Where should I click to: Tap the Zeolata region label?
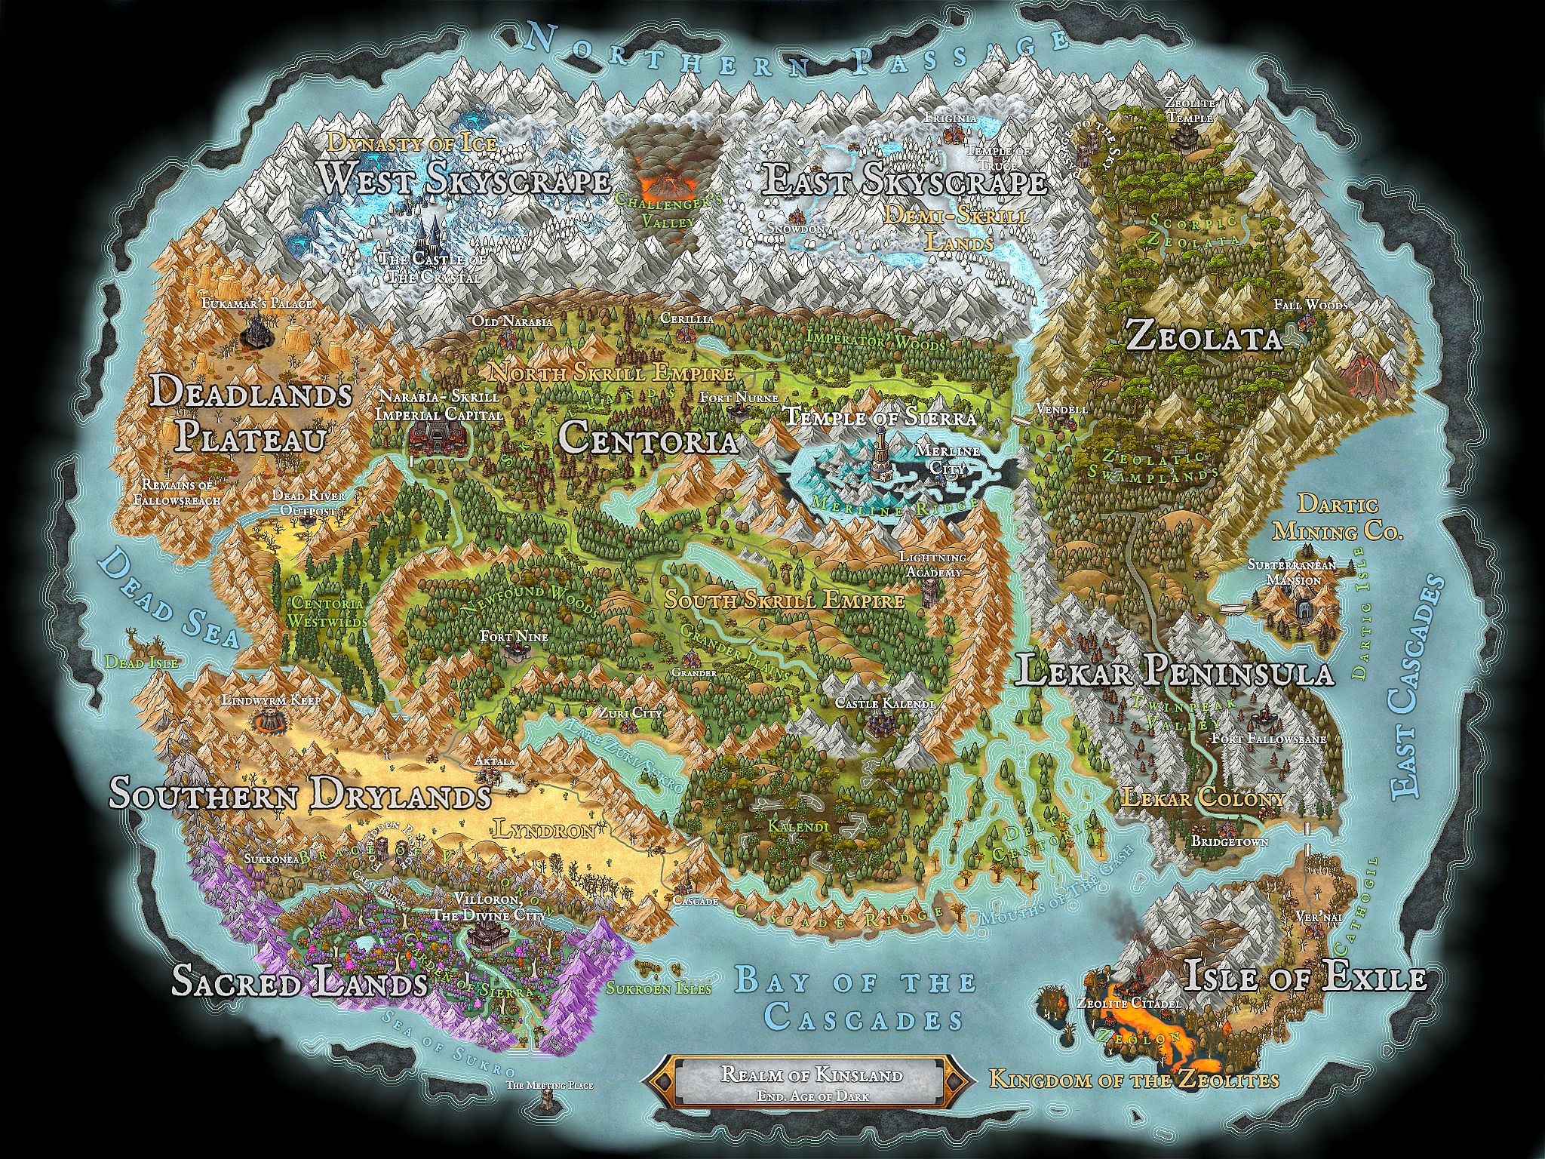pyautogui.click(x=1204, y=339)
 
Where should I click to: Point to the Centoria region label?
pyautogui.click(x=647, y=438)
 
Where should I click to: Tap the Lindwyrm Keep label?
pyautogui.click(x=271, y=700)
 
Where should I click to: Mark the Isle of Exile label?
pyautogui.click(x=1305, y=978)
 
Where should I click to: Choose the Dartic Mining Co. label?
pyautogui.click(x=1337, y=518)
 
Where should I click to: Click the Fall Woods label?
pyautogui.click(x=1310, y=305)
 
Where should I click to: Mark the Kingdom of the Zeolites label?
pyautogui.click(x=1133, y=1079)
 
